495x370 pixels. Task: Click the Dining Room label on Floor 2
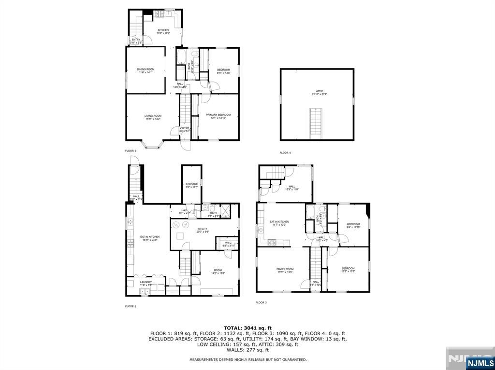[146, 71]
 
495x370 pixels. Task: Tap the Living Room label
[153, 117]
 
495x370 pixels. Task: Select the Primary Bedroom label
[218, 116]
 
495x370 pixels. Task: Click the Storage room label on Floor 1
[191, 185]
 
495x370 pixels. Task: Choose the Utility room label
[203, 230]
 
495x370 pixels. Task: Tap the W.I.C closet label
[228, 245]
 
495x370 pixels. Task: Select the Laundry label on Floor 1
[146, 283]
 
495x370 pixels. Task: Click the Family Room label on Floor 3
[285, 270]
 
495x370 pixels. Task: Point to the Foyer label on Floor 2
[185, 129]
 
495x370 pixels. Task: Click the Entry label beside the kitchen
[135, 41]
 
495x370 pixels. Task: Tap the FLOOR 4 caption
[285, 153]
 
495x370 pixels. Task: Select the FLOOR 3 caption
[261, 302]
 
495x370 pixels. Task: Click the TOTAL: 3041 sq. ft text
[247, 328]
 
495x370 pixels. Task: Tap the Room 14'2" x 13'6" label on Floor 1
[218, 272]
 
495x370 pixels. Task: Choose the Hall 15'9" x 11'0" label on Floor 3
[292, 188]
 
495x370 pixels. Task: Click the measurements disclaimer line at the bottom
[247, 359]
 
